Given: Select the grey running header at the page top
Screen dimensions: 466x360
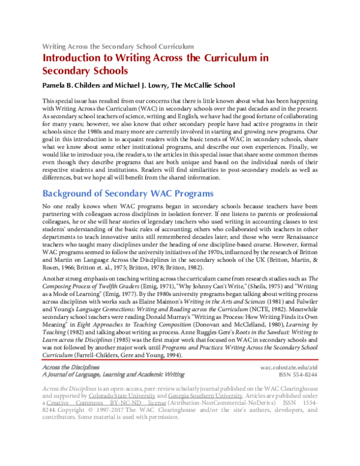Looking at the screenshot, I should tap(117, 46).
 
